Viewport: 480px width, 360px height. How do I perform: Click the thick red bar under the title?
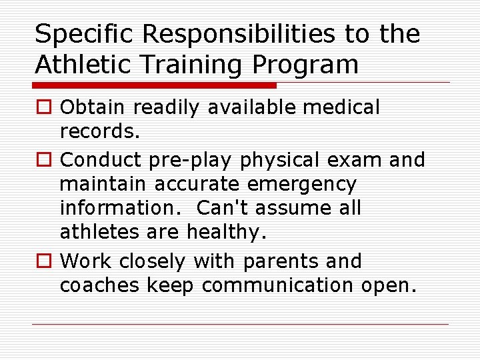[154, 85]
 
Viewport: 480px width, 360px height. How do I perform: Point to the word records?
[100, 131]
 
